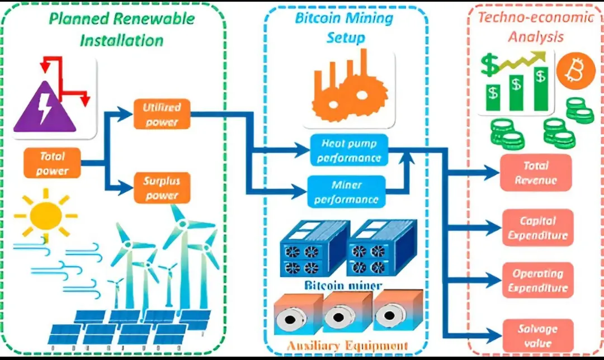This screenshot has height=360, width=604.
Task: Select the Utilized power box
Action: [x=162, y=114]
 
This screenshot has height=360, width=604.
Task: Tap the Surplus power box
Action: [x=162, y=188]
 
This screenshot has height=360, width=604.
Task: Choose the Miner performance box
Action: [x=347, y=192]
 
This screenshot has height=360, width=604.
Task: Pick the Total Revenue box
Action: [x=536, y=173]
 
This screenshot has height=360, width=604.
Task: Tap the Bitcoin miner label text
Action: [x=343, y=286]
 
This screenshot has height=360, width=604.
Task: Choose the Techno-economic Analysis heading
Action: [x=536, y=27]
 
